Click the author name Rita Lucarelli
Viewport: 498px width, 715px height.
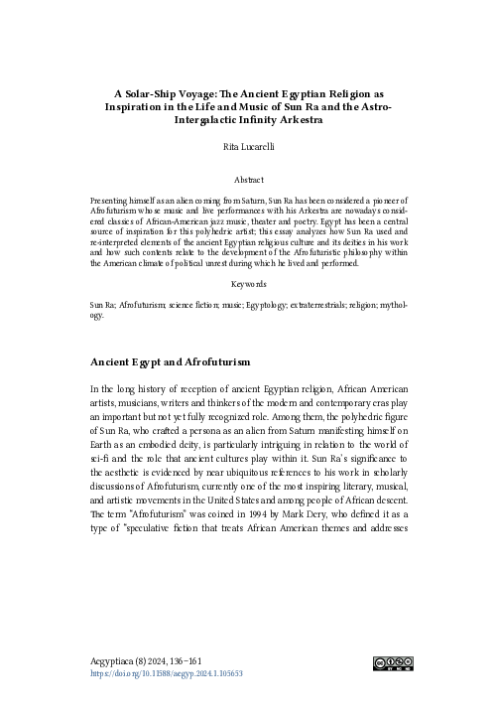point(248,144)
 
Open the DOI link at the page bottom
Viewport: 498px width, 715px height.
point(167,673)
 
